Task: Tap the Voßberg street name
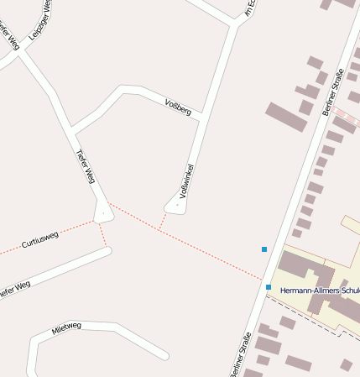click(x=179, y=107)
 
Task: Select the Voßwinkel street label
click(x=186, y=181)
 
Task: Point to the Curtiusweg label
click(x=39, y=238)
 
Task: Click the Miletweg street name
click(x=66, y=327)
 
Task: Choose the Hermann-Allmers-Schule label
click(x=320, y=291)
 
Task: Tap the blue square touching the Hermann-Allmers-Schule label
click(x=269, y=287)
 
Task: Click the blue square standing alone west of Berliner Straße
click(x=264, y=249)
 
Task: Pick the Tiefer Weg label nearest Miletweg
click(x=13, y=288)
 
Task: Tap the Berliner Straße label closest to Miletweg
click(x=239, y=353)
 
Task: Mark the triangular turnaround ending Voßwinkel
click(x=176, y=204)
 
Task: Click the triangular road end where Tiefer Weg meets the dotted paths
click(x=103, y=213)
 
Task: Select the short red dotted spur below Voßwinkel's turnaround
click(x=162, y=220)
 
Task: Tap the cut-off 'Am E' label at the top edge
click(x=249, y=8)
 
